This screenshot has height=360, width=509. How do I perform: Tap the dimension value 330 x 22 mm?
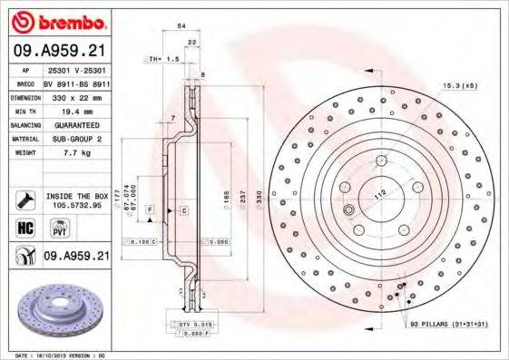(x=75, y=95)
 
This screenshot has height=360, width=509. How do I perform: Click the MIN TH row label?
(x=25, y=110)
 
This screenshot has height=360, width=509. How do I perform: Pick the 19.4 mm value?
(x=75, y=110)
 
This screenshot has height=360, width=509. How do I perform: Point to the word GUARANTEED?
(x=75, y=124)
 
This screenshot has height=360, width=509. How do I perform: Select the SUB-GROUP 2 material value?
(x=75, y=139)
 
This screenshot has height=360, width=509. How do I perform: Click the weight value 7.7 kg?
(x=75, y=153)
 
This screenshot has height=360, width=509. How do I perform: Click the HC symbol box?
(x=26, y=228)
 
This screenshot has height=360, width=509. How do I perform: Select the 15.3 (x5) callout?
(x=460, y=85)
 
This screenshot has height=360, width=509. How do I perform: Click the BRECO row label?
(x=26, y=81)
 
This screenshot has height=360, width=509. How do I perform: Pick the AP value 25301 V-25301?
(x=75, y=67)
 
